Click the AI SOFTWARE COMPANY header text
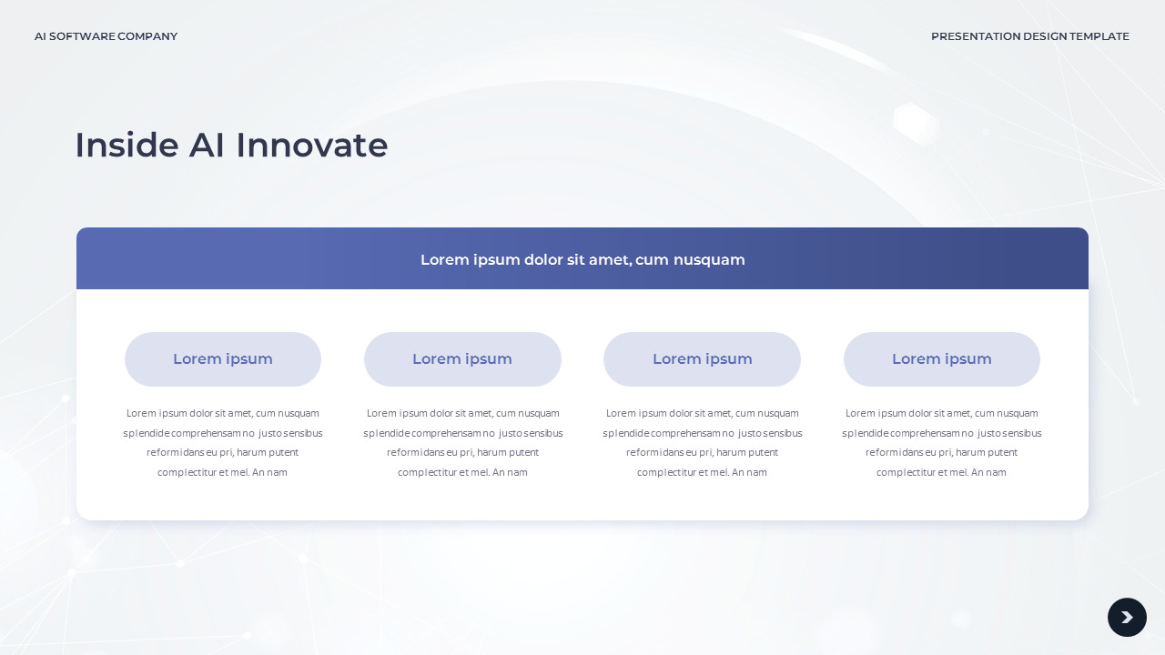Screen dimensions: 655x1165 (106, 36)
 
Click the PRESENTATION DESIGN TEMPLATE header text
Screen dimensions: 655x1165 (1029, 36)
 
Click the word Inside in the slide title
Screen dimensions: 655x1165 (127, 146)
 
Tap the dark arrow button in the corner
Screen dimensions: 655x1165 (1127, 618)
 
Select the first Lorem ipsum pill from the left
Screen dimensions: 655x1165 (223, 359)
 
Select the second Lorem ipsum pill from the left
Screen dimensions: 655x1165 (462, 359)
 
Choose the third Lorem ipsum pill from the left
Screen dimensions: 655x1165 (702, 359)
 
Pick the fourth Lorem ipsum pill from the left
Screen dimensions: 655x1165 (941, 359)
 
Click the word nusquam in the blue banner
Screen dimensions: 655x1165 (709, 260)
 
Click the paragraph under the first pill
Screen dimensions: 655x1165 (223, 443)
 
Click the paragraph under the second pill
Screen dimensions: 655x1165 (462, 443)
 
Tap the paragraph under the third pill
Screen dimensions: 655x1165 (702, 443)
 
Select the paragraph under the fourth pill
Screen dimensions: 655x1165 (941, 443)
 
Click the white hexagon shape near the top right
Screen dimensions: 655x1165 (915, 124)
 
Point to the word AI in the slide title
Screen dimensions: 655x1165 (207, 146)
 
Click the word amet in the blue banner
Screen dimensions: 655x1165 (609, 260)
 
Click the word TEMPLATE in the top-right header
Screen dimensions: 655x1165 (1099, 36)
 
